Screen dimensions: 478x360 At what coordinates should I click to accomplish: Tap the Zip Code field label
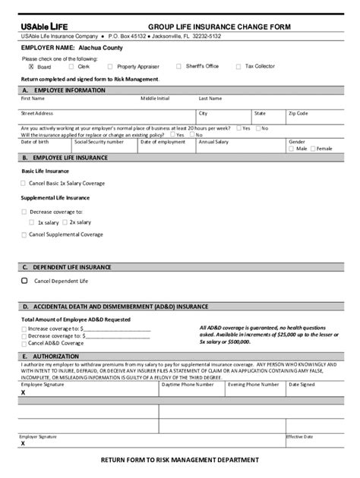click(x=298, y=113)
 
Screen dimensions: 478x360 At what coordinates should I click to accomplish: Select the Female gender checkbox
click(x=314, y=149)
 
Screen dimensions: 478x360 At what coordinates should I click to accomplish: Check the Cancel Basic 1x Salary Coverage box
click(x=24, y=184)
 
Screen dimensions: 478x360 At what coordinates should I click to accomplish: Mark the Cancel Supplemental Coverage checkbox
click(x=24, y=235)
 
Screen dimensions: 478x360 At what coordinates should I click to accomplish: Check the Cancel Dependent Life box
click(x=24, y=281)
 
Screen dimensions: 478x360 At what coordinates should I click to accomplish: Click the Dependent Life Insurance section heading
click(x=68, y=267)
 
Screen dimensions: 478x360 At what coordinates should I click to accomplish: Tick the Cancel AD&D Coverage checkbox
click(x=24, y=343)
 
